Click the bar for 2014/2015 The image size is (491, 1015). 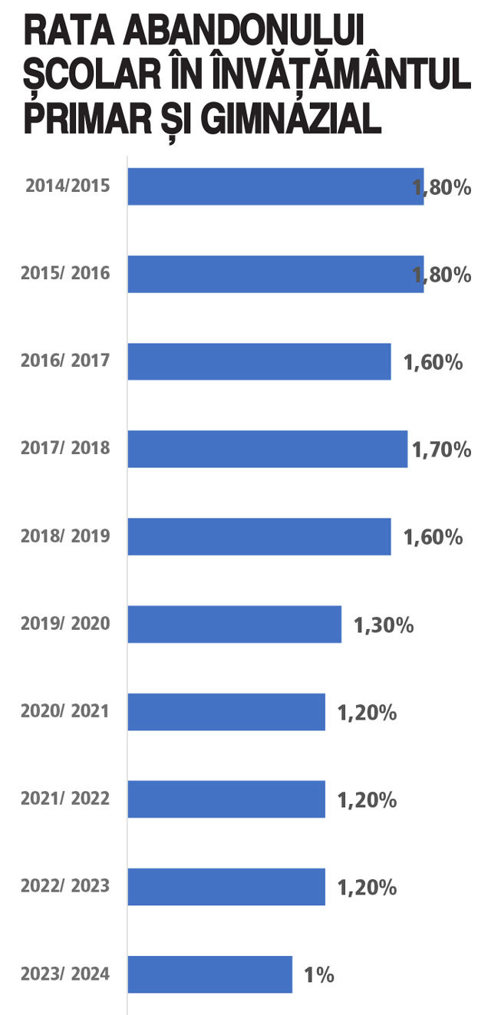(x=276, y=186)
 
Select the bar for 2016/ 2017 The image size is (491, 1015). (x=259, y=361)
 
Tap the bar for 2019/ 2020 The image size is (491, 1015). (x=235, y=624)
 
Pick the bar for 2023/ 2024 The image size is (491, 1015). (x=210, y=974)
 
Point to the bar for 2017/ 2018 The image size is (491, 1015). (x=268, y=449)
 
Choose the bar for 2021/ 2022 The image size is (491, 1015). (x=226, y=799)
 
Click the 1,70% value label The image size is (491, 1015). (x=442, y=450)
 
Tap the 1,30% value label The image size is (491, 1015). (x=384, y=625)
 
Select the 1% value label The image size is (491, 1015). (x=319, y=975)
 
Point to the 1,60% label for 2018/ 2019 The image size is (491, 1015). (x=433, y=537)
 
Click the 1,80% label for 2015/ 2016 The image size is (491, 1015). (x=442, y=275)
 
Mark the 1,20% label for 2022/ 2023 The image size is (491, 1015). (x=367, y=888)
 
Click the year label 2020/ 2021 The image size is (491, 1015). (x=65, y=711)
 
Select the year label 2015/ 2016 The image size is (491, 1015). (x=65, y=273)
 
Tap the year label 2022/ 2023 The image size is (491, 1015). (x=65, y=886)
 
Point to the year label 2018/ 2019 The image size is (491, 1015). (x=65, y=536)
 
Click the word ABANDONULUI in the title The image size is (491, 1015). (x=244, y=31)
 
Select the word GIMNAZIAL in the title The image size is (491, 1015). (x=291, y=119)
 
